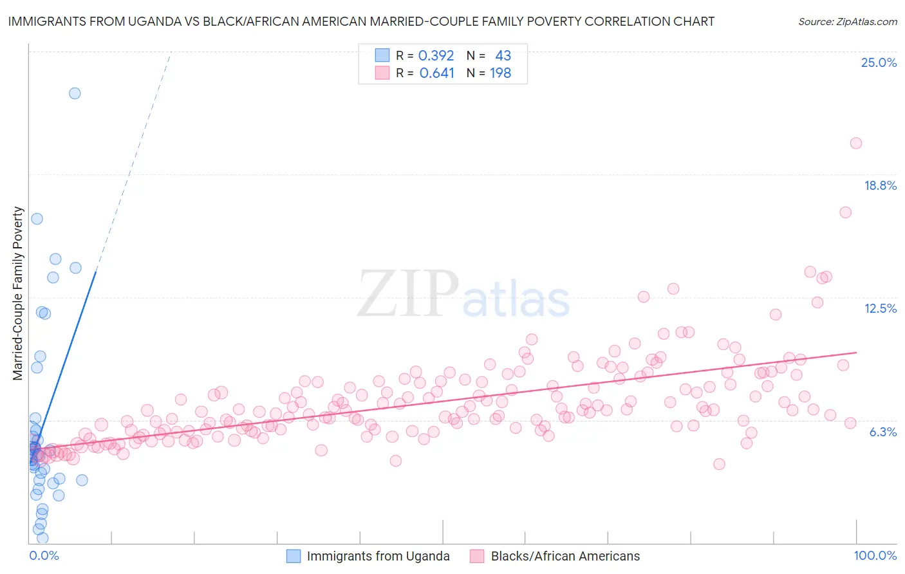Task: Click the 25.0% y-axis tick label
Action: [x=879, y=62]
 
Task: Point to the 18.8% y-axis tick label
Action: [x=880, y=185]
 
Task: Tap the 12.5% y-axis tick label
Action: [x=880, y=308]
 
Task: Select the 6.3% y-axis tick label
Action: [x=882, y=432]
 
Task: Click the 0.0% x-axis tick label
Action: [x=44, y=556]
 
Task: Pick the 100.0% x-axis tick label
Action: [x=875, y=556]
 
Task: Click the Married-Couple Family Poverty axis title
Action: [x=18, y=293]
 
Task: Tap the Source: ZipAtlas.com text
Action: [x=847, y=21]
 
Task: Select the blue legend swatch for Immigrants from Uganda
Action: [x=294, y=556]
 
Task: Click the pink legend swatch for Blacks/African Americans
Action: [x=477, y=556]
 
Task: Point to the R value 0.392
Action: [x=436, y=56]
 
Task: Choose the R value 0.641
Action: [x=436, y=73]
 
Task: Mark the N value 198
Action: [x=500, y=73]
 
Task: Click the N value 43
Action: [x=503, y=56]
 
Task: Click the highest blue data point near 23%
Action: [x=75, y=93]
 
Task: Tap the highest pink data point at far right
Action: [x=855, y=143]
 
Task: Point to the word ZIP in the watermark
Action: [x=407, y=294]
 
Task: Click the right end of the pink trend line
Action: [x=856, y=353]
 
